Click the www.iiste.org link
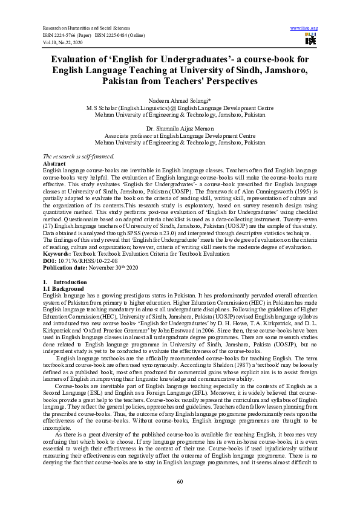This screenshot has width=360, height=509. coord(304,28)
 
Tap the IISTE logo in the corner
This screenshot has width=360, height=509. coord(310,40)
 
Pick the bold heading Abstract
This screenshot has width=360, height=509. coord(55,164)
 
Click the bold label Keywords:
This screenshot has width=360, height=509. coord(57,238)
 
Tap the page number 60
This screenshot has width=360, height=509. coord(180,481)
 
